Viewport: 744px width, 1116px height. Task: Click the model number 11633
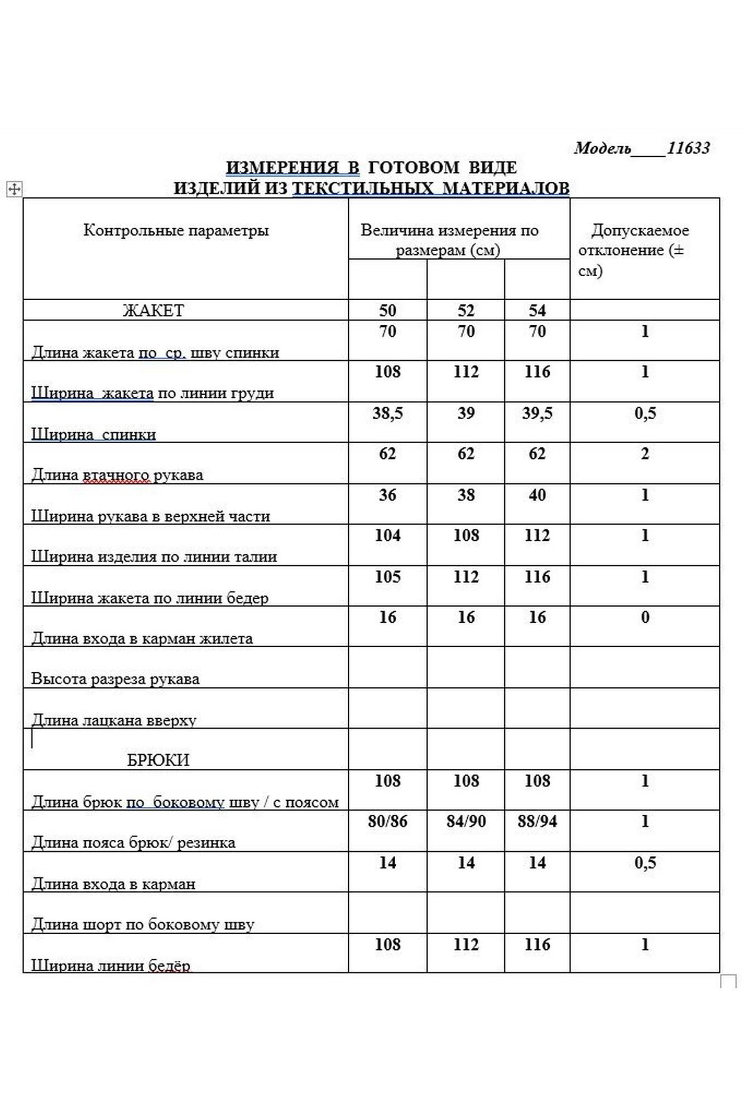click(688, 148)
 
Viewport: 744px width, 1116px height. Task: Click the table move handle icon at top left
click(14, 189)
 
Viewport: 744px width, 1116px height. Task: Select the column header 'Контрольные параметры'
click(176, 230)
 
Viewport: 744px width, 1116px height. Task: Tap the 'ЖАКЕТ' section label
click(153, 310)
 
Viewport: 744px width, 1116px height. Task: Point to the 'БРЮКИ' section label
click(158, 759)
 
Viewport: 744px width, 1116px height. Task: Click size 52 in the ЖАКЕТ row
click(465, 310)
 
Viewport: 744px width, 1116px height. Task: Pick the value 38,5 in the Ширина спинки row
click(387, 413)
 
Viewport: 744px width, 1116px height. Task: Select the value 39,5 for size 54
click(537, 413)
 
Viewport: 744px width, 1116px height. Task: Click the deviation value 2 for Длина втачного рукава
click(645, 454)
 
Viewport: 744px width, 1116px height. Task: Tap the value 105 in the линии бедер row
click(387, 576)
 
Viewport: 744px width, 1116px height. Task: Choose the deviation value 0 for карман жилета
click(645, 617)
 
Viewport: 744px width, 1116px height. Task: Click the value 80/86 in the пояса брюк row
click(387, 821)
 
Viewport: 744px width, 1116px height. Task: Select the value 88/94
click(537, 821)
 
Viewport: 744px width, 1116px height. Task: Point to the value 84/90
click(465, 821)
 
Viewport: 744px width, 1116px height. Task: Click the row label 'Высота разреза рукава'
click(115, 679)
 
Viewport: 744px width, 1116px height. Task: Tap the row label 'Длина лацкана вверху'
click(114, 720)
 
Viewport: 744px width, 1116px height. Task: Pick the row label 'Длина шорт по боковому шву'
click(142, 924)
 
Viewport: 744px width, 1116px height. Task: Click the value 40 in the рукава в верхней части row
click(537, 495)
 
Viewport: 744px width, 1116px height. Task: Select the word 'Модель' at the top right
click(602, 148)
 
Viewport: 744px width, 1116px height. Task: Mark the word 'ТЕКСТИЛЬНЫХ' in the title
click(363, 188)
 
